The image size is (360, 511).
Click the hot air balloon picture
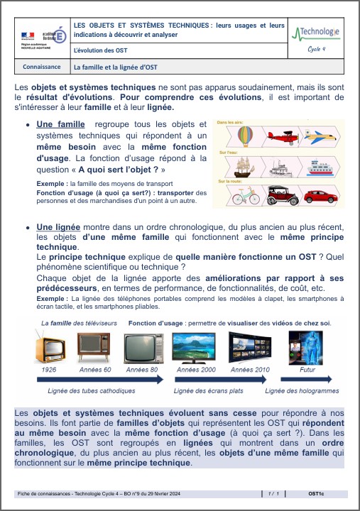(244, 135)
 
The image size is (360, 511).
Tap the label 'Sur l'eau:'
(227, 152)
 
